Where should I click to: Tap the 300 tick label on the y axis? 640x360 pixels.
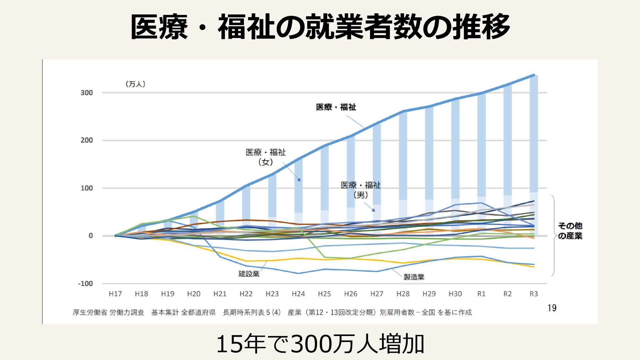tap(87, 93)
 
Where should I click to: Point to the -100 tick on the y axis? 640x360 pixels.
tap(85, 284)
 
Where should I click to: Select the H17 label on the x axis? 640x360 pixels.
tap(115, 294)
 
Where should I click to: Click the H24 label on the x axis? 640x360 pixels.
tap(298, 294)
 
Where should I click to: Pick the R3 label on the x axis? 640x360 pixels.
tap(534, 294)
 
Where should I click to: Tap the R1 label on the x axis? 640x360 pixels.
tap(481, 294)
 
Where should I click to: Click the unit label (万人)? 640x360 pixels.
tap(135, 84)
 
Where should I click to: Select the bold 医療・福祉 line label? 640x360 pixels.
tap(336, 107)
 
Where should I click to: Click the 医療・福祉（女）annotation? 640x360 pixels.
tap(266, 157)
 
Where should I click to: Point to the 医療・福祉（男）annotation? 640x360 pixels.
tap(361, 190)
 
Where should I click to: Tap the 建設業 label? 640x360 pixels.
tap(249, 274)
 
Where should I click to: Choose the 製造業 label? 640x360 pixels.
tap(414, 277)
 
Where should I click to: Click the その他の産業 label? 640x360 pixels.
tap(570, 231)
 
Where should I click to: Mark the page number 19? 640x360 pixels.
tap(552, 308)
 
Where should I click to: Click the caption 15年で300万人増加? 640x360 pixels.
tap(320, 344)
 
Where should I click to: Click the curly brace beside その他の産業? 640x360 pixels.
tap(553, 235)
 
